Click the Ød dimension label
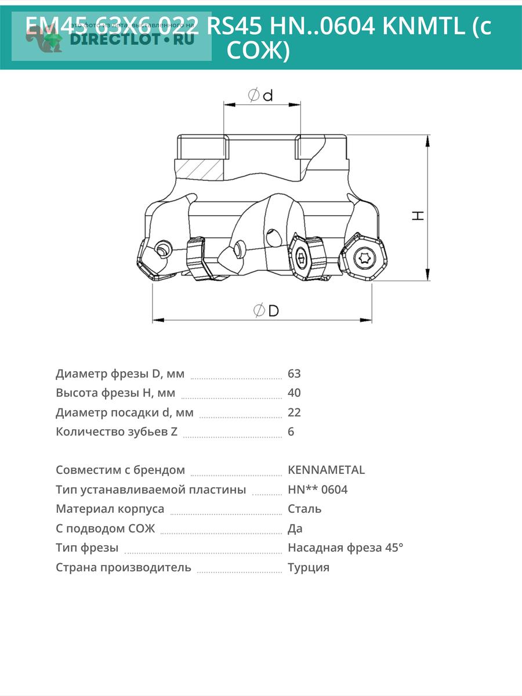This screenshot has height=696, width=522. click(260, 95)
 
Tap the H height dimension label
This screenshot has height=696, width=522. click(418, 215)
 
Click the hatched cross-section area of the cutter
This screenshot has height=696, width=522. click(198, 168)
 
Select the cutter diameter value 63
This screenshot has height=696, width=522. click(294, 374)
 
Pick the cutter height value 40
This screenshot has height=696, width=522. click(294, 393)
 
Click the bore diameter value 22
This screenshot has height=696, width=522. click(294, 412)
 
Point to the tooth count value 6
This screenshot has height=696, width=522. click(291, 432)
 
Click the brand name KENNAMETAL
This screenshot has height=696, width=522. click(326, 470)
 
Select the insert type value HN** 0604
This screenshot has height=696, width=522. click(317, 490)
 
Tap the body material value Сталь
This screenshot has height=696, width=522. click(304, 509)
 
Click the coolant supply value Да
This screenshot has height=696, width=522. click(295, 528)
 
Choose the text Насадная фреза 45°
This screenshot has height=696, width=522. click(345, 548)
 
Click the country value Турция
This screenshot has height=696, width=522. click(309, 567)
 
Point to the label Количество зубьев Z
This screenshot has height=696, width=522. click(117, 432)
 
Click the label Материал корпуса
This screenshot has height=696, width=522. click(110, 509)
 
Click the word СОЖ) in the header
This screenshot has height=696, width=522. click(258, 51)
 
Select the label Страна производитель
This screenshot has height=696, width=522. click(124, 567)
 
